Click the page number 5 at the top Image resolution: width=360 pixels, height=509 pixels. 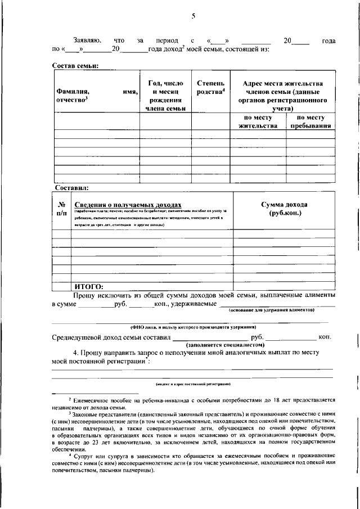pos(193,16)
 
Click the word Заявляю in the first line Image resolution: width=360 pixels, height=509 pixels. pos(87,41)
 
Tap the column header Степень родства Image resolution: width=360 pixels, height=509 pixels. pos(211,88)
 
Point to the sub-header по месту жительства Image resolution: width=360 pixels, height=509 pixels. pos(258,121)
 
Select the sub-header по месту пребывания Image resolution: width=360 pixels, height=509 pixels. pos(310,121)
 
